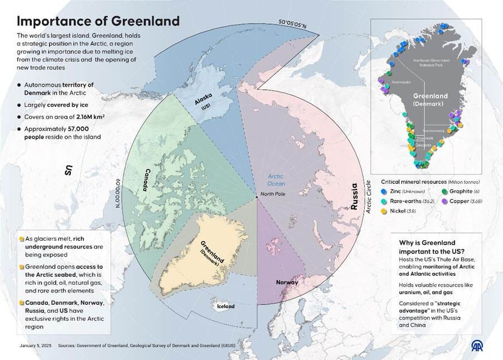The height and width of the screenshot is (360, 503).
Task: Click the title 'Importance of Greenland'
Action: tap(98, 21)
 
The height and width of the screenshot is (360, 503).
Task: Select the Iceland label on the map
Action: tap(226, 306)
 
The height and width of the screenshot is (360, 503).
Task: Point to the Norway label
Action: tap(287, 282)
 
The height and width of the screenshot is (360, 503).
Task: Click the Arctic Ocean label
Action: tap(276, 179)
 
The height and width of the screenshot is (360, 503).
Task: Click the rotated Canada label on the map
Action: tap(149, 179)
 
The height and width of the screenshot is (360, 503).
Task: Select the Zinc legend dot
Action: tap(384, 191)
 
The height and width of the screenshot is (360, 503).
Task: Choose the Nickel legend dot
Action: tap(384, 211)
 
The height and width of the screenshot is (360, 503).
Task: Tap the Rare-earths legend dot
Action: tap(384, 201)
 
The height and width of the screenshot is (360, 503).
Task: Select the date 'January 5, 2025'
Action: tap(32, 346)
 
